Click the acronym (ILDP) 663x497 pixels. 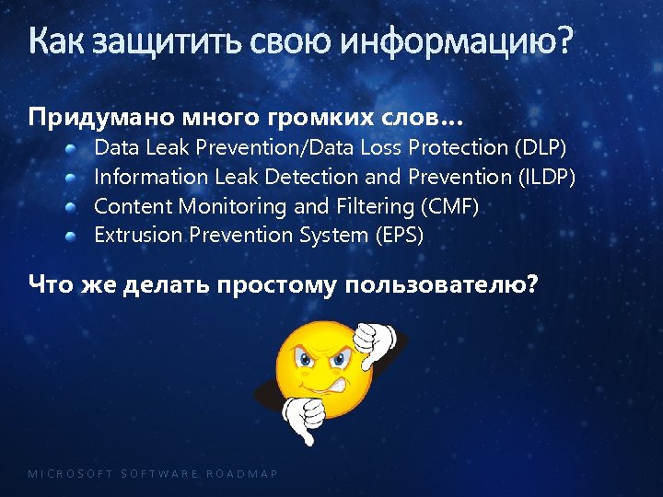(548, 177)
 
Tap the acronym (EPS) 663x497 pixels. (399, 236)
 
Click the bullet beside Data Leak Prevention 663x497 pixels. (71, 147)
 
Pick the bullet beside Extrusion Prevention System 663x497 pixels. (71, 236)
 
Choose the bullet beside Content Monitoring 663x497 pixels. (71, 206)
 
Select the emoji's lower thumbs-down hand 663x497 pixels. (303, 419)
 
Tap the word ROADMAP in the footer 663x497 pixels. (242, 474)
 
